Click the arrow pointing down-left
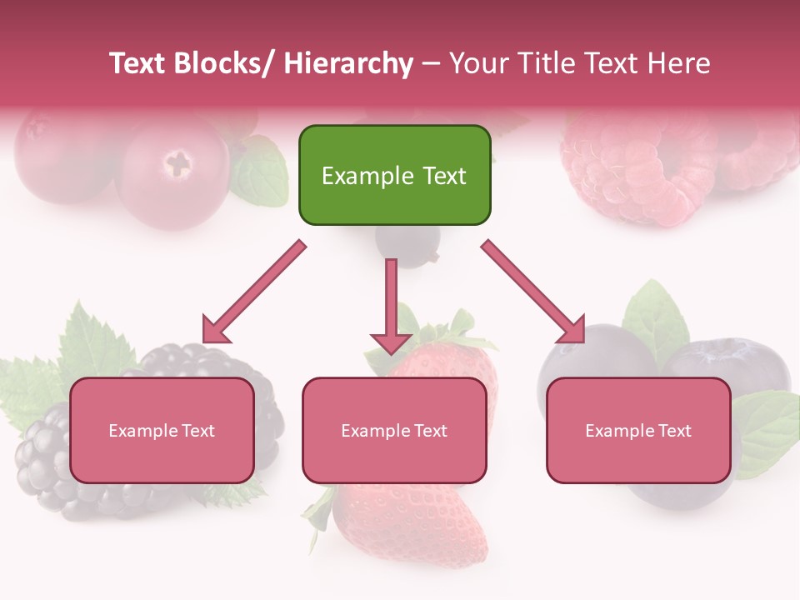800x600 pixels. (254, 292)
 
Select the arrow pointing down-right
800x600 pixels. (533, 292)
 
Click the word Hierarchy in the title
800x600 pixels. (347, 63)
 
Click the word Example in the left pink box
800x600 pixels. (143, 431)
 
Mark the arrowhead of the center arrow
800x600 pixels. (391, 342)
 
